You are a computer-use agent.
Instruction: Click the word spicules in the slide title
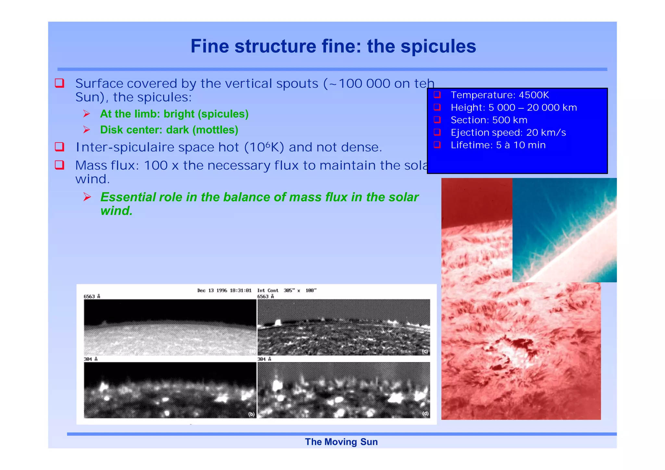(438, 46)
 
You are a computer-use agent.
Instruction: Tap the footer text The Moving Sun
(341, 442)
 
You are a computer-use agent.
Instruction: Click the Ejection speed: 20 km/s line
(508, 133)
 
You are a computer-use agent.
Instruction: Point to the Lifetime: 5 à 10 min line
(498, 145)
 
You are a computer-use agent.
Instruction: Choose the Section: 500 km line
(489, 120)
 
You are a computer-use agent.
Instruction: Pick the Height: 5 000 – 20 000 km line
(513, 108)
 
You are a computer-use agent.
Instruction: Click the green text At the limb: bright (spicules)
(174, 114)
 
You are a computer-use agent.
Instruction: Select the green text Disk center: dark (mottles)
(169, 130)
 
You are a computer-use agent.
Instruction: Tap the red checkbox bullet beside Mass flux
(59, 165)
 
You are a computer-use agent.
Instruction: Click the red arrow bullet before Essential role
(87, 197)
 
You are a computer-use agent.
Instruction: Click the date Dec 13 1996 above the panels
(212, 291)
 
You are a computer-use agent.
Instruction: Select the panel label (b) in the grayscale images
(251, 414)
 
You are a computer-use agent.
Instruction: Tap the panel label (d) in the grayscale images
(425, 414)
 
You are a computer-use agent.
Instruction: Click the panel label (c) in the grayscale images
(425, 352)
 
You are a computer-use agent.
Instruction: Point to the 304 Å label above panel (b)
(91, 359)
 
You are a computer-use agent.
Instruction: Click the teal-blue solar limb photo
(564, 230)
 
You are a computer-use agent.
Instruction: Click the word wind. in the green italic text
(117, 211)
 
